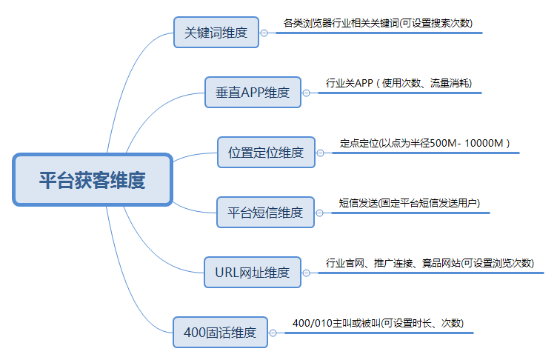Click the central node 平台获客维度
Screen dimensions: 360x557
point(93,179)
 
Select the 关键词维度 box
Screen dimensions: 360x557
point(216,33)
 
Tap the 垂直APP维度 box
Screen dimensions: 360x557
point(253,93)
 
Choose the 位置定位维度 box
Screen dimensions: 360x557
point(266,153)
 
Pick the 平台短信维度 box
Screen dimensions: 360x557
point(264,213)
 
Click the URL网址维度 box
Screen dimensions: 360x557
point(252,272)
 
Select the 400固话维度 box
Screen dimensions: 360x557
point(219,333)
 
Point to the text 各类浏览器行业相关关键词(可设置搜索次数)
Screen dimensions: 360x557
point(378,23)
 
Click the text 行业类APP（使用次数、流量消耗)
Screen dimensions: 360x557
point(398,83)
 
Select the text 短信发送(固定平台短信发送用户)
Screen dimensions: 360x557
point(414,203)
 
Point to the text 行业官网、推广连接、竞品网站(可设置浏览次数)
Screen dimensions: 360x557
point(430,263)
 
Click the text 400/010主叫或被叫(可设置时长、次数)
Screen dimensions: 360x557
point(378,323)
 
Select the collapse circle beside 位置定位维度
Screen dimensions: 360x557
point(321,153)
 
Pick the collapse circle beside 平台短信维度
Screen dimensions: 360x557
point(319,213)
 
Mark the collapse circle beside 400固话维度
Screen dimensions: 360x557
point(273,333)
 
